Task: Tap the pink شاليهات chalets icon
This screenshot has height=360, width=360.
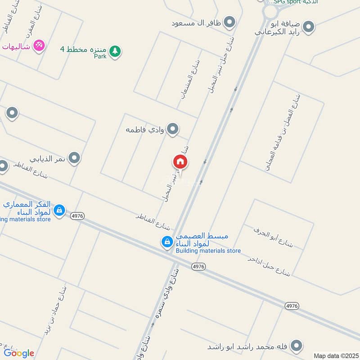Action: pos(39,45)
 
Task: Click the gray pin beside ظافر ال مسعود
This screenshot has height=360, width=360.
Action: pos(230,22)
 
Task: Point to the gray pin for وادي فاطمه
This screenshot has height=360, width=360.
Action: pos(172,130)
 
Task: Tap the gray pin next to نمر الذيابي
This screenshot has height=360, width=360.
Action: pos(75,158)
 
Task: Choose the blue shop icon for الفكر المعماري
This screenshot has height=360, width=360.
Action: pos(59,210)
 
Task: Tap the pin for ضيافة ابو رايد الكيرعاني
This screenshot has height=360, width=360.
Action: pos(308,27)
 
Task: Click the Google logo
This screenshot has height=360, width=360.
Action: pos(18,352)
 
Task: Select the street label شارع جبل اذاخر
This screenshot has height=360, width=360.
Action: pos(270,266)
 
